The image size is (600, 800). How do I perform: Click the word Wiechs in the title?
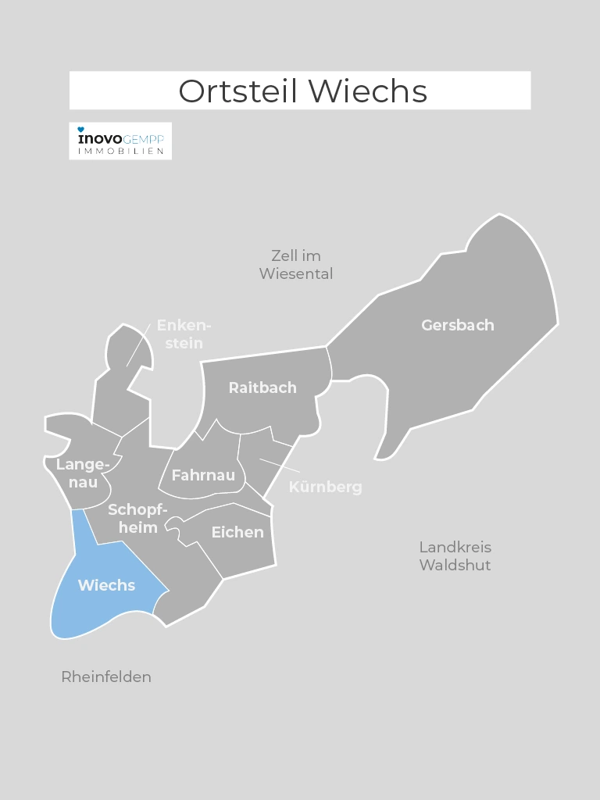[x=368, y=91]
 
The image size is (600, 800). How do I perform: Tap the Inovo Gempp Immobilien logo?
[x=120, y=141]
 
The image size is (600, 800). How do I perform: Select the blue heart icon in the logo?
[x=81, y=130]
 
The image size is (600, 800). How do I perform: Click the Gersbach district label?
[x=458, y=325]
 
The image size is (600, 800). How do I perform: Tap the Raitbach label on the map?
[x=262, y=387]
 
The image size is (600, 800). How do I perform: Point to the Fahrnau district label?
[x=203, y=474]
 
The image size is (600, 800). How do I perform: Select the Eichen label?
[x=237, y=532]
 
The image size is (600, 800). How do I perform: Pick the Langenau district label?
[x=80, y=473]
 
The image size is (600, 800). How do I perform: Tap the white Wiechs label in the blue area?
[x=106, y=585]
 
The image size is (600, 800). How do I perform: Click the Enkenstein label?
[x=184, y=334]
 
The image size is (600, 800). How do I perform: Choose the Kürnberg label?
[x=326, y=487]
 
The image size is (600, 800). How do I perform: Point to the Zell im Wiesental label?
[x=296, y=265]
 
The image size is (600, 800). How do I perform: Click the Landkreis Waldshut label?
[x=455, y=555]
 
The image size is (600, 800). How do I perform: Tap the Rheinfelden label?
[x=106, y=677]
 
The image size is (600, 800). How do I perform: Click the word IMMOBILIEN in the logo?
[x=120, y=151]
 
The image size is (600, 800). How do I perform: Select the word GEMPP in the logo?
[x=144, y=138]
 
